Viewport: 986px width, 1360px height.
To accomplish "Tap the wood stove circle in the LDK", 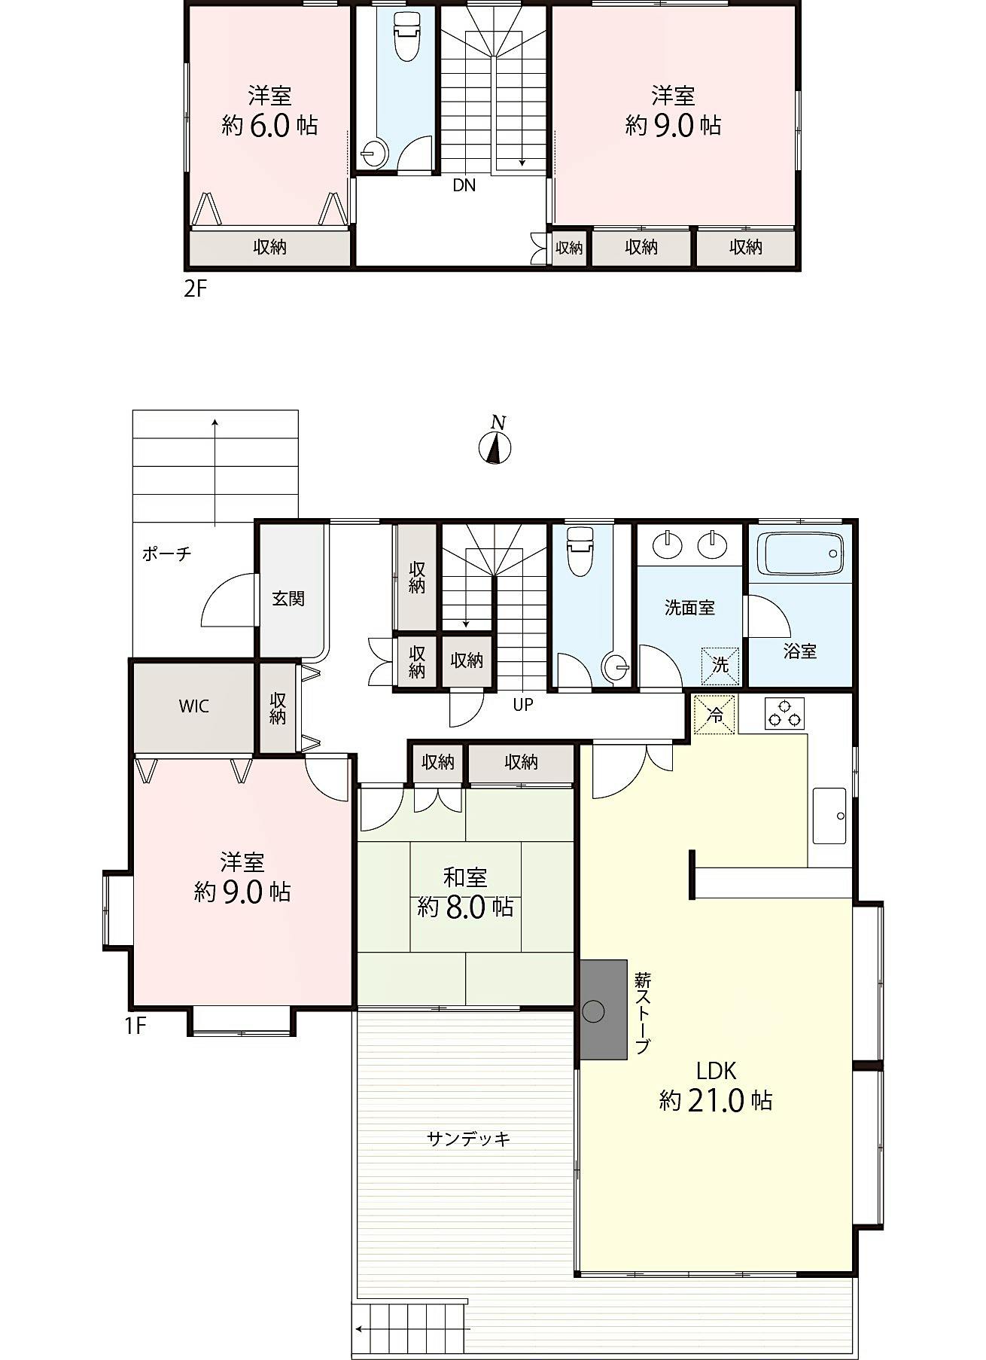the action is click(x=594, y=1011).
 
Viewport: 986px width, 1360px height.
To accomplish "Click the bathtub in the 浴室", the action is click(x=801, y=554).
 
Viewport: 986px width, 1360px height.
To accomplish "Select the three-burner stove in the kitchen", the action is click(x=785, y=713).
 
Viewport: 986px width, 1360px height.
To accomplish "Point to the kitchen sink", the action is click(x=829, y=816).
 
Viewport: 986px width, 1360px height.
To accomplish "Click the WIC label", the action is click(x=193, y=706).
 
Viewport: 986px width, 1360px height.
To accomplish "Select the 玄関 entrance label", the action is click(x=288, y=599).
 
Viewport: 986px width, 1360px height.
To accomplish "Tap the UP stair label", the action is click(x=523, y=705).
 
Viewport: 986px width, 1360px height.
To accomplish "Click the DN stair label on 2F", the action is click(x=464, y=185).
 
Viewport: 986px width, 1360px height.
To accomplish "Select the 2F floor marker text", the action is click(x=195, y=288).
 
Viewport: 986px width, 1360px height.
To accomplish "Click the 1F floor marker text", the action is click(x=135, y=1026).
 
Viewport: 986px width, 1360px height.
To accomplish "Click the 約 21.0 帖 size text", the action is click(x=716, y=1101).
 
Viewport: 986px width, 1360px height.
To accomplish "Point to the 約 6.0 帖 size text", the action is click(x=269, y=125).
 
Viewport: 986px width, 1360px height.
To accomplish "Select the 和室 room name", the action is click(x=465, y=877).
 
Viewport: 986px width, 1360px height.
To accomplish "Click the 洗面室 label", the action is click(x=689, y=608).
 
